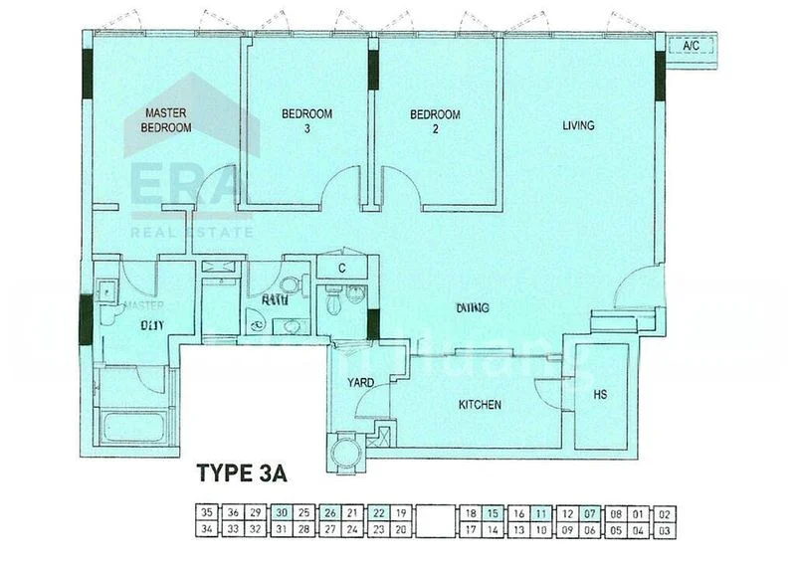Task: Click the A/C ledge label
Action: click(x=691, y=46)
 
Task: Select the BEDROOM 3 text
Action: click(x=306, y=120)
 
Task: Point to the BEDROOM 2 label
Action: click(x=435, y=120)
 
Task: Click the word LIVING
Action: click(x=578, y=125)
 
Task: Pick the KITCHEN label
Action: click(x=479, y=405)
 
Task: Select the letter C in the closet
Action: click(x=341, y=269)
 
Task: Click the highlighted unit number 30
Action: click(x=281, y=513)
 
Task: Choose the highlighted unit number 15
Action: click(x=494, y=513)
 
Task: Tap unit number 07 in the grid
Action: click(x=590, y=513)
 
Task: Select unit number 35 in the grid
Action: click(x=207, y=513)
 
